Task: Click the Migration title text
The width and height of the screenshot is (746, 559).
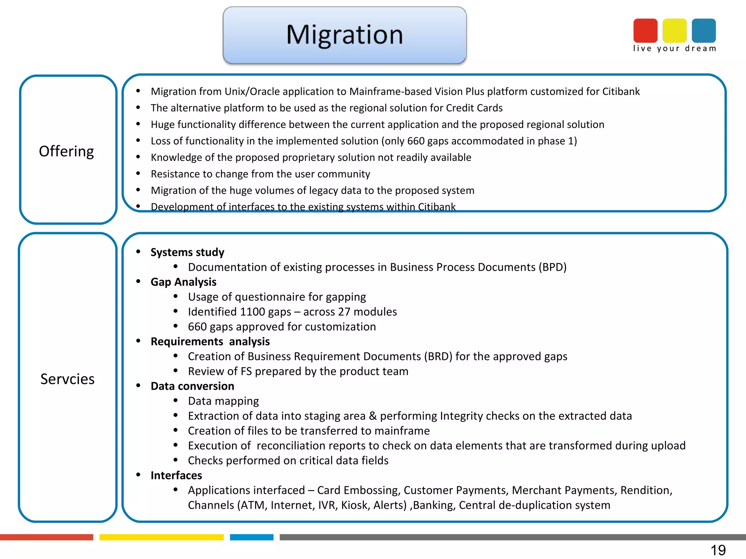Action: (344, 35)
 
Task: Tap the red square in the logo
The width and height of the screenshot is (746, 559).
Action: (645, 31)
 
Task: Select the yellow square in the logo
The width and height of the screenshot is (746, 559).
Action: (674, 31)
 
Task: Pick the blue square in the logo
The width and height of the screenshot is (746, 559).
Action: (703, 31)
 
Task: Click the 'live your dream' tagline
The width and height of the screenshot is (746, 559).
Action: (674, 48)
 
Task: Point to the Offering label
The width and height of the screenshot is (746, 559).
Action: (66, 151)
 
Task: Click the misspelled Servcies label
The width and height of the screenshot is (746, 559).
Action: (67, 379)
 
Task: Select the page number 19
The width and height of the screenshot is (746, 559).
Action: (718, 550)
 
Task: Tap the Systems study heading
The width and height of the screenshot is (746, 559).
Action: (187, 252)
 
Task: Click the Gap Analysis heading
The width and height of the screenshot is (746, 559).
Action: (183, 282)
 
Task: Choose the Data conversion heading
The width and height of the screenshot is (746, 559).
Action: (192, 386)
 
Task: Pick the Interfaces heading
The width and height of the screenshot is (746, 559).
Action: (176, 475)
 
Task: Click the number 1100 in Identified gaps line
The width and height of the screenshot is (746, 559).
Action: (252, 312)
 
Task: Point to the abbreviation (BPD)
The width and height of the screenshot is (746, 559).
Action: (552, 267)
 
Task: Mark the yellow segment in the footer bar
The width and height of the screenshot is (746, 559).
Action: (161, 537)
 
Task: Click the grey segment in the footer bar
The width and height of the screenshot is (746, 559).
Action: (510, 537)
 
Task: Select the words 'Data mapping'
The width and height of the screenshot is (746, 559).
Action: (223, 401)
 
